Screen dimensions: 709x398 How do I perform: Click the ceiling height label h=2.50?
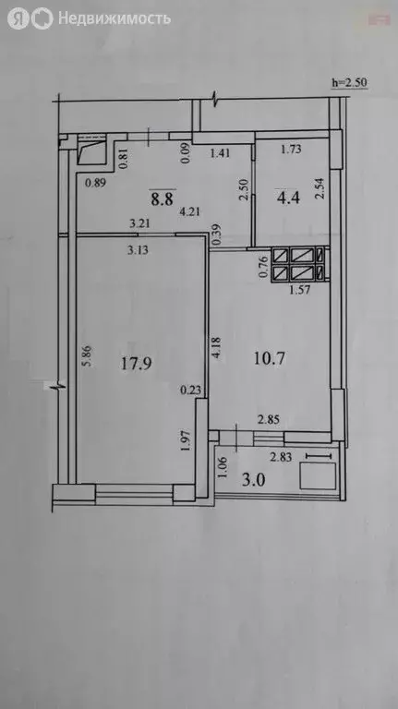point(351,83)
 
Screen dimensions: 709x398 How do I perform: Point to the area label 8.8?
point(163,196)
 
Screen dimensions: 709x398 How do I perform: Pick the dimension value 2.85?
point(270,420)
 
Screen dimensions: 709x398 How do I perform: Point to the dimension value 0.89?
point(97,182)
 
